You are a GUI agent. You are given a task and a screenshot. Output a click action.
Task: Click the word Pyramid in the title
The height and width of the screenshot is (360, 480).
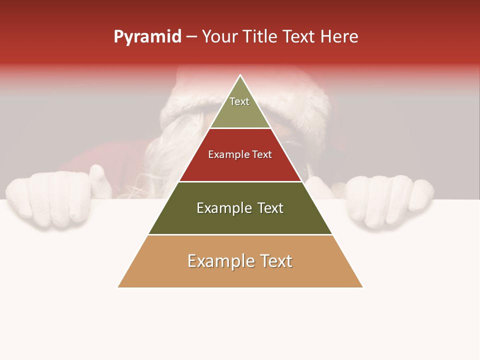click(147, 37)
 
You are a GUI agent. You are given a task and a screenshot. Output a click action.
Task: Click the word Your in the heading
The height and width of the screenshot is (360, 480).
click(219, 37)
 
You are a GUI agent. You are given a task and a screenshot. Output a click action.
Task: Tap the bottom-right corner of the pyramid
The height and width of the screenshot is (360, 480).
click(362, 287)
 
